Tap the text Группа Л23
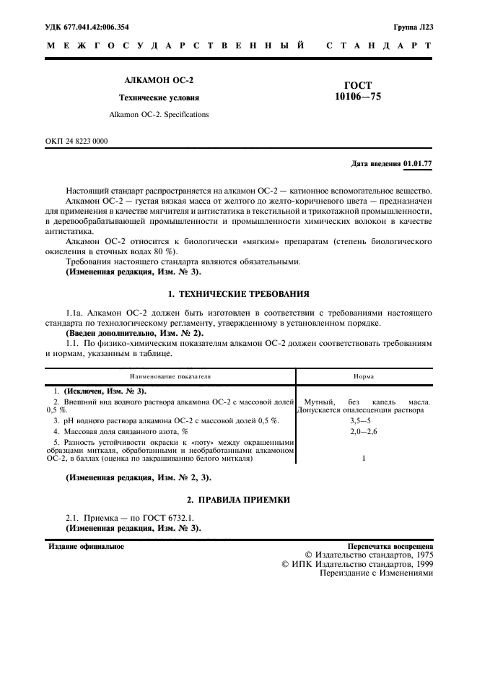[413, 27]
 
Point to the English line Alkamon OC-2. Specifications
[158, 114]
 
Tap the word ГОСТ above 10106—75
[359, 84]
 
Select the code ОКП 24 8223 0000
[76, 141]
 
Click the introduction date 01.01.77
[419, 164]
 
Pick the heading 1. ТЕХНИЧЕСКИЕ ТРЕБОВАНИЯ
[238, 294]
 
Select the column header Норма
[363, 376]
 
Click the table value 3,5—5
[363, 420]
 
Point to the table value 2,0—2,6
[363, 431]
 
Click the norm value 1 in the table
[363, 459]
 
